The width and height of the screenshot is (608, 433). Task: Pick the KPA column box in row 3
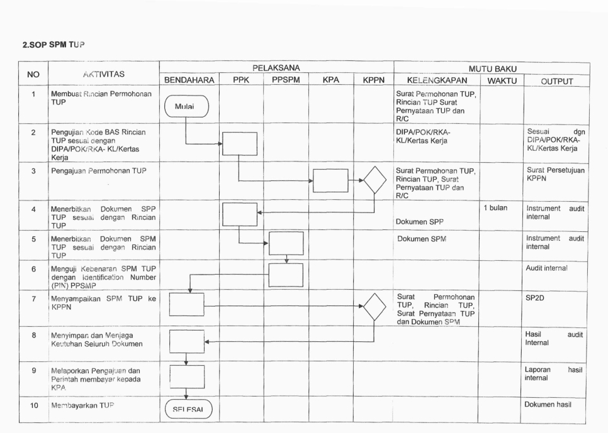coord(330,180)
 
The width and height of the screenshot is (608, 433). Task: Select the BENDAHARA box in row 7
coord(187,304)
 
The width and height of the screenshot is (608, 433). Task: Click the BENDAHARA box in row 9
coord(187,378)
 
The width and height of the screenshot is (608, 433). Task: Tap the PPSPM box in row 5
coord(286,243)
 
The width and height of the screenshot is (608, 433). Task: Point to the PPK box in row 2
coord(240,143)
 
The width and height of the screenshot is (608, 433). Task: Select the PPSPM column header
coord(286,81)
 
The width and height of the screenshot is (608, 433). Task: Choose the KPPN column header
coord(374,81)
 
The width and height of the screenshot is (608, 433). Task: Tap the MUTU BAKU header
coord(491,67)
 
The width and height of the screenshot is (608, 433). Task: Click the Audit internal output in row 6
coord(546,268)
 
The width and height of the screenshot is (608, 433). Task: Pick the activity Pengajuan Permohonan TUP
coord(95,170)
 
